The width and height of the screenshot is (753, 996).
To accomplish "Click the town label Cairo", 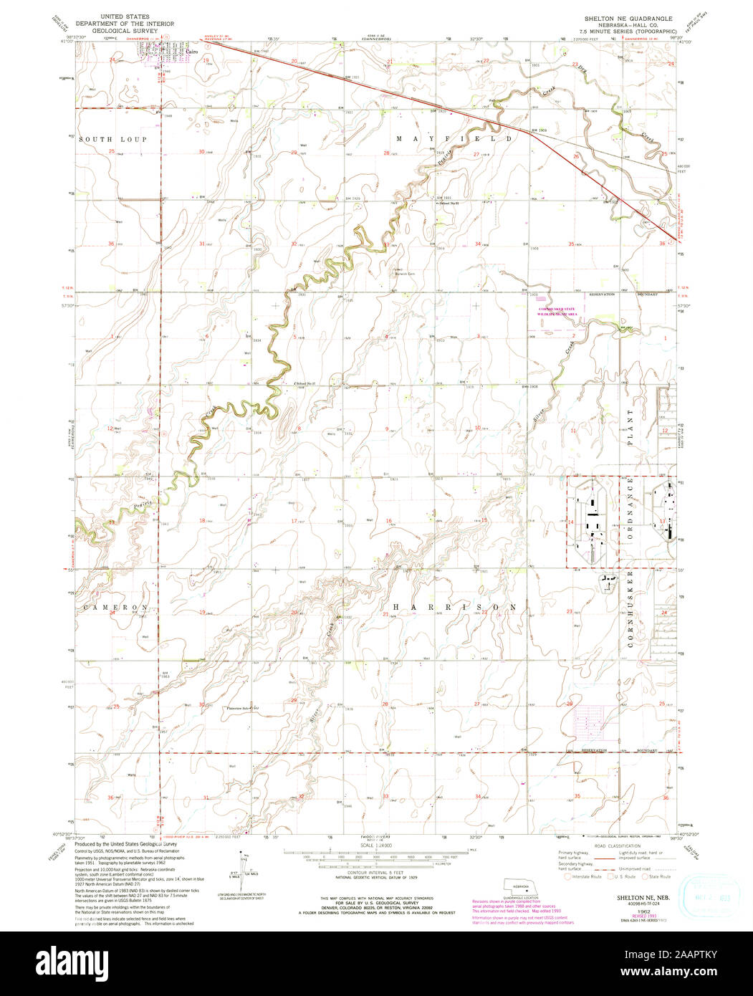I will (x=191, y=52).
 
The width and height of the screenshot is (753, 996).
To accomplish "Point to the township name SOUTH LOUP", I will (x=113, y=139).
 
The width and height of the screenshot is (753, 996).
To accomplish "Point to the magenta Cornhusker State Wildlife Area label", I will (x=563, y=312).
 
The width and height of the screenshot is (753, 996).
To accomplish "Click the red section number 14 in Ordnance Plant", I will (x=571, y=524).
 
